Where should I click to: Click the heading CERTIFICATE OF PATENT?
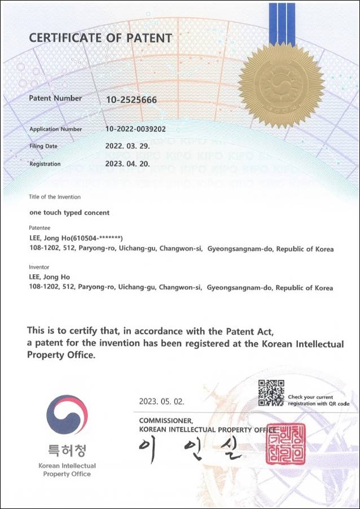point(100,38)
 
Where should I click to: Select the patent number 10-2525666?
point(131,100)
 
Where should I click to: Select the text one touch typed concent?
point(69,213)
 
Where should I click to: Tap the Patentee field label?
point(39,227)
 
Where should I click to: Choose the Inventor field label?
point(39,266)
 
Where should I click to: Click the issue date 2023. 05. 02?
point(161,402)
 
